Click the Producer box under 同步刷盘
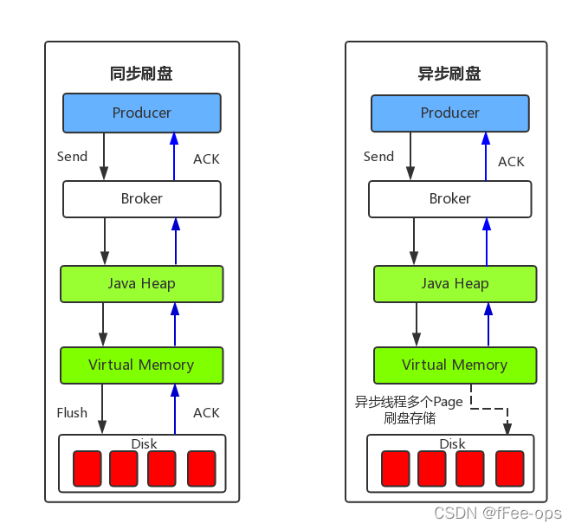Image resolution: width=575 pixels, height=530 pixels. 142,113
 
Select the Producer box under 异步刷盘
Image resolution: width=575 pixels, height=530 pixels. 450,113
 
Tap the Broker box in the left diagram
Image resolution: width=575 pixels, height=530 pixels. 142,198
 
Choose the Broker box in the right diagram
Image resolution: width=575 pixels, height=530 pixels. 450,198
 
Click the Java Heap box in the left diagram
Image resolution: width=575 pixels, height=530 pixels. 142,283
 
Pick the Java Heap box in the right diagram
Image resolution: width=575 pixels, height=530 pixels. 455,283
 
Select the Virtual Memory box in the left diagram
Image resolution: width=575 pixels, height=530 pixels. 142,365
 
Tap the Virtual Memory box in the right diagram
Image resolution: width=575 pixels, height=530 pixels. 455,365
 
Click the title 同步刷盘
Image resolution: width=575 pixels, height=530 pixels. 141,74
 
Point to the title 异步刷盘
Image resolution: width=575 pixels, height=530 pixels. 449,74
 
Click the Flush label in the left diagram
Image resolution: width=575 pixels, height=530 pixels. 72,412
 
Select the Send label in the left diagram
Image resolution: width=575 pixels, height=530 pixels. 72,157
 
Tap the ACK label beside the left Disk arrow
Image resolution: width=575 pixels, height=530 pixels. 206,412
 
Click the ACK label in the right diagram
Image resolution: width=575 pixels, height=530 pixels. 511,161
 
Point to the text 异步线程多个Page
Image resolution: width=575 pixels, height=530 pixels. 409,402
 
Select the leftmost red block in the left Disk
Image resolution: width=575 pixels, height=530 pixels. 87,469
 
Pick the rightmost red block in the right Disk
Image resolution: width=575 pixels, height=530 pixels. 509,469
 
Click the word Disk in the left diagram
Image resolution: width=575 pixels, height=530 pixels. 144,443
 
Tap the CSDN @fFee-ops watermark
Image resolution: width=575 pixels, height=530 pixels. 498,513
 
